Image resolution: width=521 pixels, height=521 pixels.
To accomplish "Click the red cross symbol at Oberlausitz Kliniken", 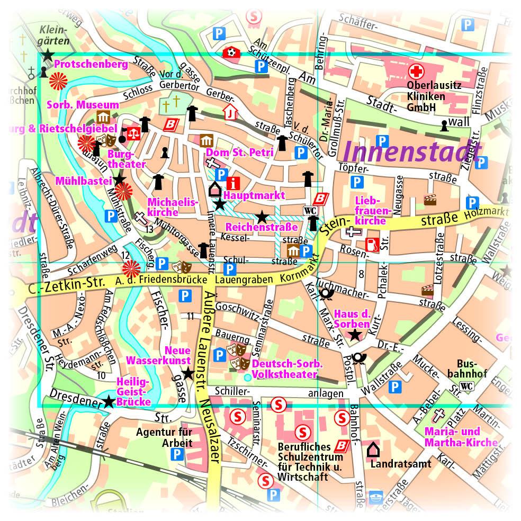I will tap(414, 70).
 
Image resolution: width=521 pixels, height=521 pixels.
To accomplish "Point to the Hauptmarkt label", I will tap(254, 195).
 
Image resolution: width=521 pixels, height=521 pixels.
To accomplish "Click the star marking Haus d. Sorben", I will tap(354, 335).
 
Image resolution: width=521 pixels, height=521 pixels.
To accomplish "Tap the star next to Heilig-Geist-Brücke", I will tap(109, 402).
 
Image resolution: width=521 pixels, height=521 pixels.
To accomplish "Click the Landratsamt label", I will tap(401, 464).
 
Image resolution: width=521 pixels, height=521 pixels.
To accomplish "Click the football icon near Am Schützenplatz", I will tap(231, 52).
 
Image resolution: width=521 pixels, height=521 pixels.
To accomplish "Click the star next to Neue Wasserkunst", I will tap(188, 374).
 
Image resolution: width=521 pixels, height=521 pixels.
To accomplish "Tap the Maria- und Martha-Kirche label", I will tap(461, 437).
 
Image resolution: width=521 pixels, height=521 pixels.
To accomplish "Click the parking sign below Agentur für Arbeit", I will tap(177, 454).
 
